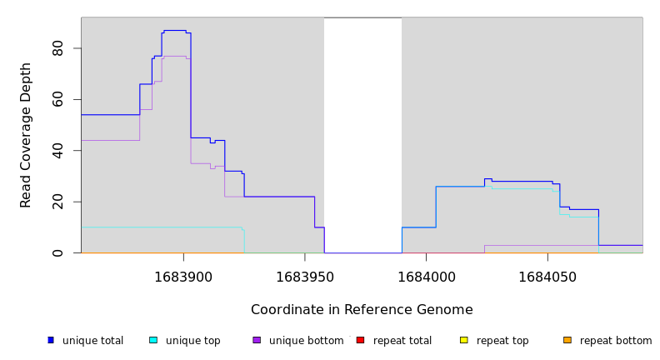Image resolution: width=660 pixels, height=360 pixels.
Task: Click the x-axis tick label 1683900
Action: point(183,276)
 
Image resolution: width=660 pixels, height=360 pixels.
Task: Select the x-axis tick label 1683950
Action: point(304,276)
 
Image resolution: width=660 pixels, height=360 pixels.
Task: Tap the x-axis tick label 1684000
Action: point(426,276)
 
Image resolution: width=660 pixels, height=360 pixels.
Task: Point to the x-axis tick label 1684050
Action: point(547,276)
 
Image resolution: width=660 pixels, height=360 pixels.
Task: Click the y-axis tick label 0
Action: point(57,252)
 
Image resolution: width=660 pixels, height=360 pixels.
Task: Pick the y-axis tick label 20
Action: point(57,202)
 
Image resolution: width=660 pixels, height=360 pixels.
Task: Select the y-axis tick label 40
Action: point(57,151)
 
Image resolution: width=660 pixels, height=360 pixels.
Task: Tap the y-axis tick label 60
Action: point(57,100)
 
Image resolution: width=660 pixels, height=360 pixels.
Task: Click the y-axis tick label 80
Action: point(57,49)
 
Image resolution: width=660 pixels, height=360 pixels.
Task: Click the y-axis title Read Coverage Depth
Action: point(26,135)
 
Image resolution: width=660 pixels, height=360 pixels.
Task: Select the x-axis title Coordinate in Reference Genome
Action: point(362,310)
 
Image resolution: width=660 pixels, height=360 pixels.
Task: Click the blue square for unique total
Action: point(51,340)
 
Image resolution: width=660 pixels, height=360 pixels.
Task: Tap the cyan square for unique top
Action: point(153,340)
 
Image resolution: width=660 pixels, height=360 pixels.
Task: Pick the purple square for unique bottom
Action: point(257,340)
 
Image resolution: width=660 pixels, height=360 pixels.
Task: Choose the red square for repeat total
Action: point(361,340)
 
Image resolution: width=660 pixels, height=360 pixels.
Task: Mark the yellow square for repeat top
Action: point(464,340)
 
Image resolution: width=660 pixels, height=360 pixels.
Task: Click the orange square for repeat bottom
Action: point(567,340)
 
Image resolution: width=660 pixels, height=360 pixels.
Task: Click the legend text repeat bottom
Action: point(616,341)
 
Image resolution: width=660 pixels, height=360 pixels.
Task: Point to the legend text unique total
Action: point(92,341)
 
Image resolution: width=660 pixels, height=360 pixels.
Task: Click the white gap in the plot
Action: point(362,133)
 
